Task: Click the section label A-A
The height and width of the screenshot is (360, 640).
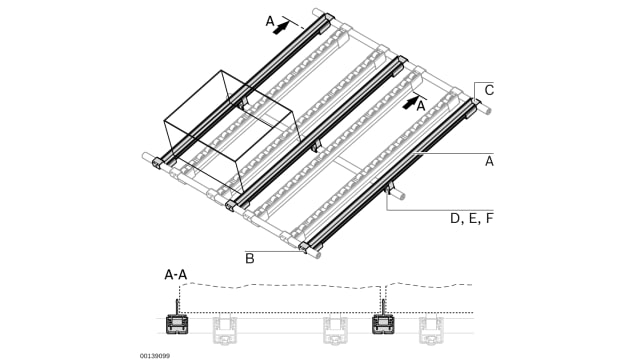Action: point(176,274)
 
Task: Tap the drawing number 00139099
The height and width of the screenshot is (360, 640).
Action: point(155,354)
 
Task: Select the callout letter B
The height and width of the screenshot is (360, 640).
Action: point(250,259)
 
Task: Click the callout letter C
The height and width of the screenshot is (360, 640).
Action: point(489,90)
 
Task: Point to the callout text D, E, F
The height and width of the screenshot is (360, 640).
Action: point(471,218)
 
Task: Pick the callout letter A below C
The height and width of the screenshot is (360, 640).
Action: point(489,160)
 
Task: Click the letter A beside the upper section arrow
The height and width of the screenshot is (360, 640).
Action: point(270,20)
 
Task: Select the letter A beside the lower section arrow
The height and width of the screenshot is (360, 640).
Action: point(421,105)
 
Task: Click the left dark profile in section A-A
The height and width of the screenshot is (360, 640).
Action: point(178,324)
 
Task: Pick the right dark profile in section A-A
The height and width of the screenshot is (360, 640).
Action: point(384,324)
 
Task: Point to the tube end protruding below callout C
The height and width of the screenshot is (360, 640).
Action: point(486,109)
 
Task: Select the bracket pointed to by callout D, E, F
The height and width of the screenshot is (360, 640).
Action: point(389,189)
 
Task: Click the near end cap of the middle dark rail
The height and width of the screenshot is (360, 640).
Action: point(232,206)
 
